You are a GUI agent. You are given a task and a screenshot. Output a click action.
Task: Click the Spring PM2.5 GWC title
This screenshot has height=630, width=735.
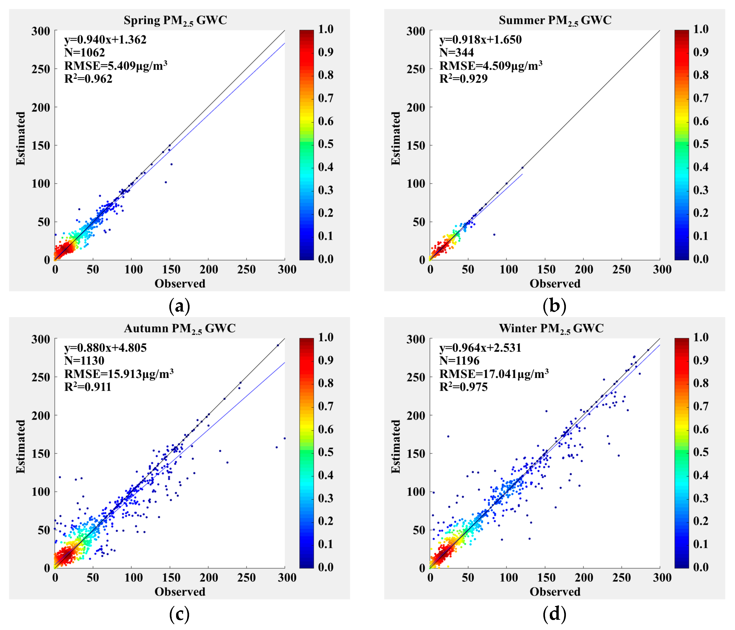[175, 20]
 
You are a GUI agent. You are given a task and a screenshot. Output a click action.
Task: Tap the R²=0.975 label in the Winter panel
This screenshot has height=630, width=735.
[463, 387]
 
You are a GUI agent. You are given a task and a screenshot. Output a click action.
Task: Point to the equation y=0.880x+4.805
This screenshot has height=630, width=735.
[105, 348]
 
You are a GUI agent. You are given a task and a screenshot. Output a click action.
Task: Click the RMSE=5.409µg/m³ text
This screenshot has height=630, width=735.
[116, 66]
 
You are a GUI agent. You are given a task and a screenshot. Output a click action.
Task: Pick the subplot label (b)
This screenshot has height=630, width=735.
[555, 306]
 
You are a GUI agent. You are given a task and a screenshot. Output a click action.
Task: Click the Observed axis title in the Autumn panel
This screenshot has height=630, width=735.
[180, 592]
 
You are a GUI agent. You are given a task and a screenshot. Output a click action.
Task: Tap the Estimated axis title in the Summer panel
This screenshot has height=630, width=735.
[395, 138]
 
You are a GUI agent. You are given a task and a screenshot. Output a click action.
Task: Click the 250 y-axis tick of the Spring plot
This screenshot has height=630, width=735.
[40, 69]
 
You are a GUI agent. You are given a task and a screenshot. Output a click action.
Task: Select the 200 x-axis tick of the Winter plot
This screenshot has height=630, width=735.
[584, 578]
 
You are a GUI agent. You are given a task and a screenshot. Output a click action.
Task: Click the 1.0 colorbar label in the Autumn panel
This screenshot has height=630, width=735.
[326, 337]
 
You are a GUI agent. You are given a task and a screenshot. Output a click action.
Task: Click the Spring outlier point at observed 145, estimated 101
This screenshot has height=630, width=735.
[166, 182]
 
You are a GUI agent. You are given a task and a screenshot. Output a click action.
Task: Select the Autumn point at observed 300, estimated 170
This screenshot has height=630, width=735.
[284, 438]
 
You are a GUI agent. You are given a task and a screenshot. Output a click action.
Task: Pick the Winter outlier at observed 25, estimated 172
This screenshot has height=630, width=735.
[448, 436]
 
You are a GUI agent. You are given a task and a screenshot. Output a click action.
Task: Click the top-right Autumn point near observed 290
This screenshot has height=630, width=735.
[278, 345]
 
